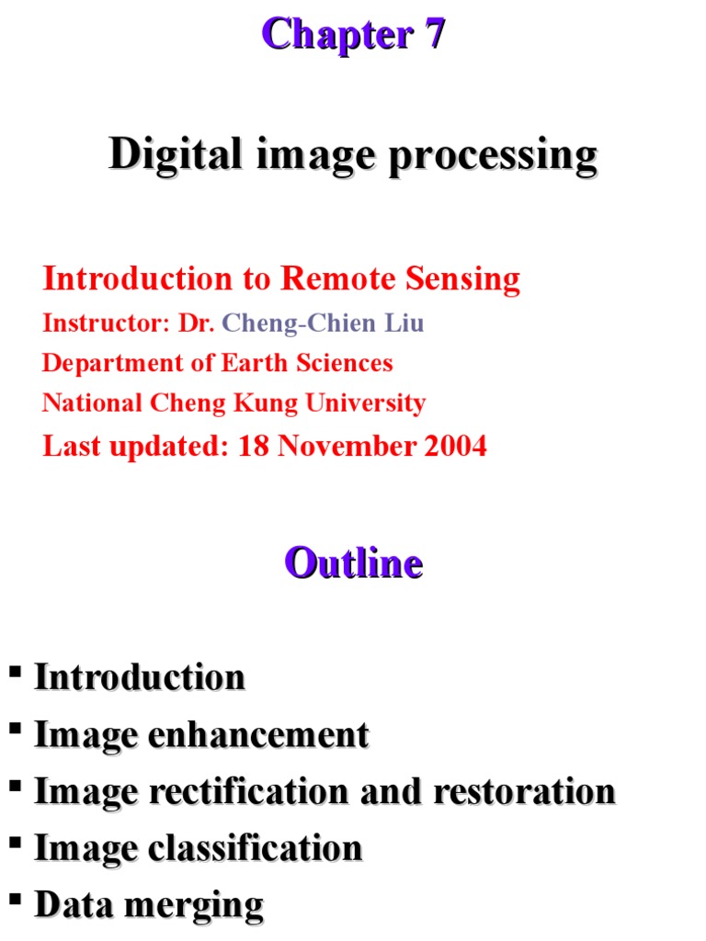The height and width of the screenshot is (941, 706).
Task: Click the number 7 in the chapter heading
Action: [433, 35]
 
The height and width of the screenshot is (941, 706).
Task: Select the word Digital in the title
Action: [167, 154]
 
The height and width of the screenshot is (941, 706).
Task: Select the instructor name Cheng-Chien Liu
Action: [324, 323]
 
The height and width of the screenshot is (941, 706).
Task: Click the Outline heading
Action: [353, 562]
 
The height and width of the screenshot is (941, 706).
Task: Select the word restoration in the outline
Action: [520, 791]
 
